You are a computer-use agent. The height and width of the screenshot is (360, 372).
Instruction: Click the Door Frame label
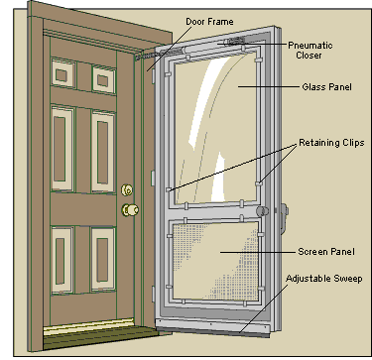pos(209,22)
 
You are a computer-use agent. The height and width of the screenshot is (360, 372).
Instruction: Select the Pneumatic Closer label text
pos(310,50)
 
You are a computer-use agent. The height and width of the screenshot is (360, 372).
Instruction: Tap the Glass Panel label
pos(326,87)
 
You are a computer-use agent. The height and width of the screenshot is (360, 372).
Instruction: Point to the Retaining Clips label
pos(331,143)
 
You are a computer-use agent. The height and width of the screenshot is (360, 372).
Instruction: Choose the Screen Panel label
pos(326,252)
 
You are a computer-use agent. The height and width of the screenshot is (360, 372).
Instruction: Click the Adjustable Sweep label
pos(324,279)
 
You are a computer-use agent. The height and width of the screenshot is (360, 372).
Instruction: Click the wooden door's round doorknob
pos(130,209)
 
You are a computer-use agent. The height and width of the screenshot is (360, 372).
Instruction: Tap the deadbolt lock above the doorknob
pos(127,189)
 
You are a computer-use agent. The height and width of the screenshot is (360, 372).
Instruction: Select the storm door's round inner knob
pos(262,211)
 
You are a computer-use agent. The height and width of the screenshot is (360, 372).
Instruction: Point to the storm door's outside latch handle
pos(284,218)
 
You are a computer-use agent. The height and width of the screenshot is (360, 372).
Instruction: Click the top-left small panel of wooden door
pos(62,73)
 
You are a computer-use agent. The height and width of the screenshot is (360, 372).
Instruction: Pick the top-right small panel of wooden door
pos(103,79)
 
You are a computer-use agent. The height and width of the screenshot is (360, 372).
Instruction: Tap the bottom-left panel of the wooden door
pos(62,260)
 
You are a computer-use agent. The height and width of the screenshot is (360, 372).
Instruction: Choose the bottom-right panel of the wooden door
pos(103,259)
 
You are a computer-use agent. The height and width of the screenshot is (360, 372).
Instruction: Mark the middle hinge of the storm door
pos(153,179)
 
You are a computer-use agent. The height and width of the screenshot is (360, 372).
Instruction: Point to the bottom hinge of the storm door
pos(153,295)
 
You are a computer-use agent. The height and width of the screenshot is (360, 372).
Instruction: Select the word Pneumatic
pos(310,46)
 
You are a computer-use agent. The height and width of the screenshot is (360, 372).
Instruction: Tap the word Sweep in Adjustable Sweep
pos(348,279)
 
